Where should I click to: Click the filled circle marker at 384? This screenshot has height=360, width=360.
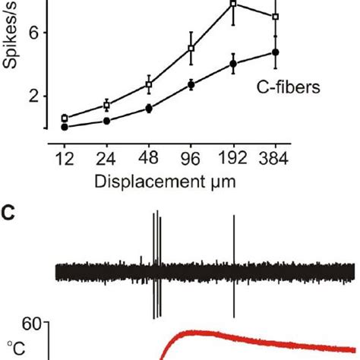click(x=276, y=52)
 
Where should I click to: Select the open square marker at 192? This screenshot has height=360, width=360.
click(x=234, y=5)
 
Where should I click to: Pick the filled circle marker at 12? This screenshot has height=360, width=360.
click(x=65, y=127)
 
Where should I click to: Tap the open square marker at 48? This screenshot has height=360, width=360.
click(x=150, y=84)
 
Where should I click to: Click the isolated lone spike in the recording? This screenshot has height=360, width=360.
click(x=234, y=266)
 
